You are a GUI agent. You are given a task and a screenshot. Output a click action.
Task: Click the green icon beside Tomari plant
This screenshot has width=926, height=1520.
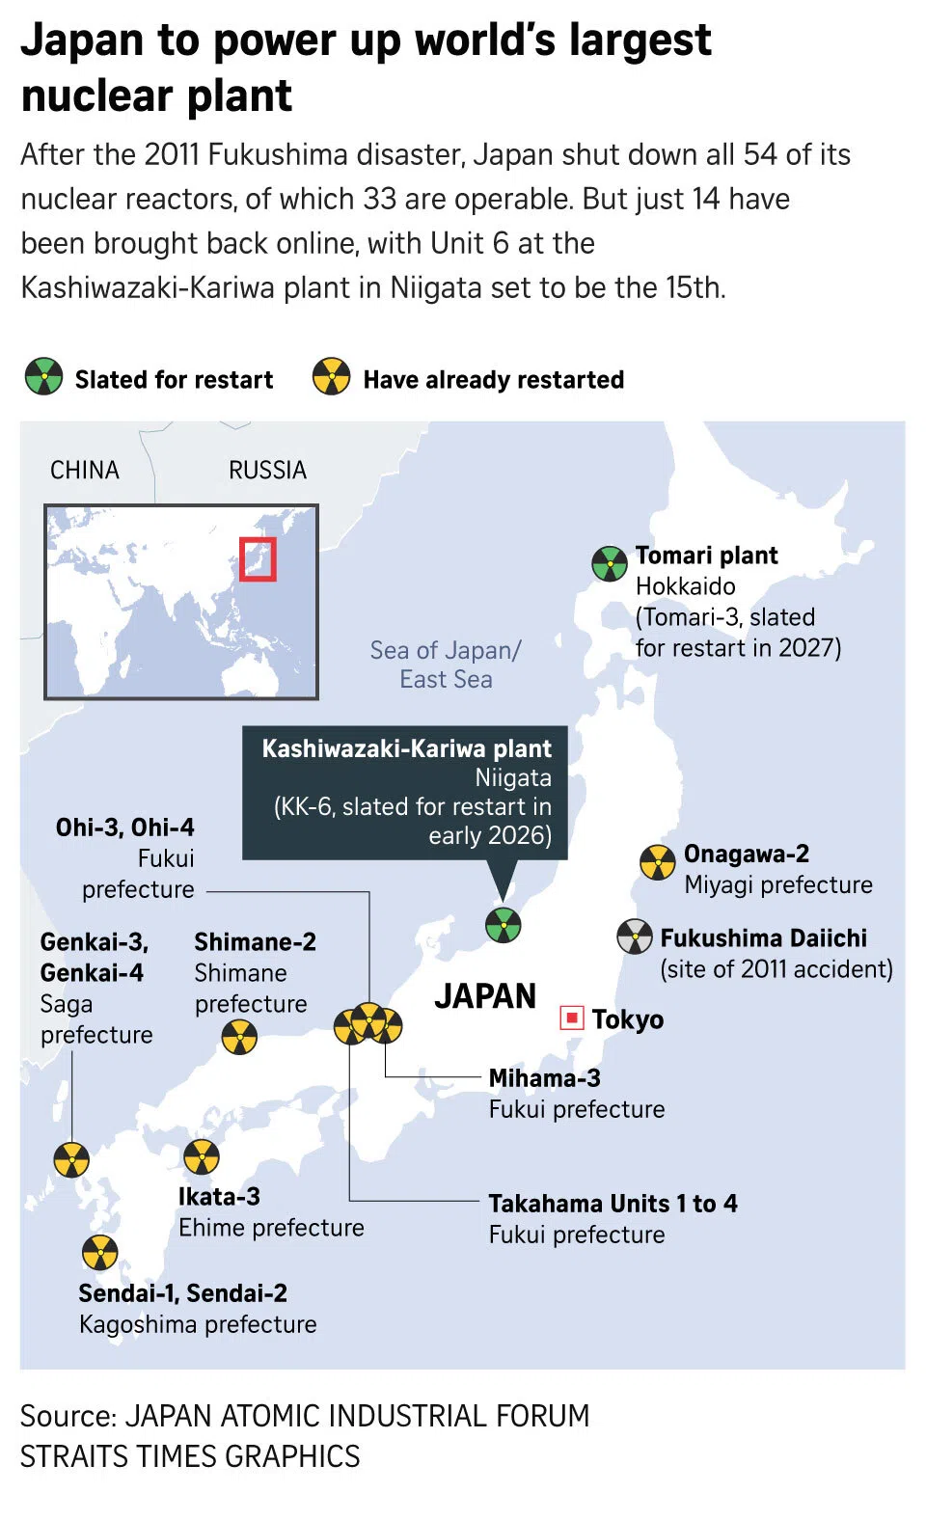610,563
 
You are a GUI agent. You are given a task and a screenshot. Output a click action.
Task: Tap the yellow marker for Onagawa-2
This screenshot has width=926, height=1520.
658,862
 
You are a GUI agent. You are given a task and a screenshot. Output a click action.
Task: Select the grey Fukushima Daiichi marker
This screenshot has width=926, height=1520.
635,936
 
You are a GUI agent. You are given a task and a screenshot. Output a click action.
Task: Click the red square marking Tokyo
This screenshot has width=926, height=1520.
572,1018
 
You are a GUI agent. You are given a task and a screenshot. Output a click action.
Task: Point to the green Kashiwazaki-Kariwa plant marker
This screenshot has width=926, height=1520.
503,925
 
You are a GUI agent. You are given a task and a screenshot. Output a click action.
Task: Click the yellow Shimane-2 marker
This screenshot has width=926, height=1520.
239,1038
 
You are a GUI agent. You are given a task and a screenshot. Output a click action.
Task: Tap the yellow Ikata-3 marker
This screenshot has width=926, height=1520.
201,1157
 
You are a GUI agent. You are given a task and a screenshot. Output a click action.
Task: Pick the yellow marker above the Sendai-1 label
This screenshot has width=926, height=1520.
99,1253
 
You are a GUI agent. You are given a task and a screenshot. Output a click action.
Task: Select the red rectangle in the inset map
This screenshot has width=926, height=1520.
258,559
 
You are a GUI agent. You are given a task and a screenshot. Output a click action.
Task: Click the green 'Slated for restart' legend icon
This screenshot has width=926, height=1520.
43,377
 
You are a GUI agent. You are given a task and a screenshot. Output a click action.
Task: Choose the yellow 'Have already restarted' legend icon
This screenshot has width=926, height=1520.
331,377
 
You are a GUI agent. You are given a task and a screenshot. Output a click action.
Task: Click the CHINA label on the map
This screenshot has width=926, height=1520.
85,471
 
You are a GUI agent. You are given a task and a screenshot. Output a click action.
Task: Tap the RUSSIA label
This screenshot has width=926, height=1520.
267,471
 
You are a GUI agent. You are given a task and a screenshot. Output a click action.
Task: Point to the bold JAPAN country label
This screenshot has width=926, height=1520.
484,996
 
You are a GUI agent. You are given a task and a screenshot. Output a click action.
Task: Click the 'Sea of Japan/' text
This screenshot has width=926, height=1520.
446,651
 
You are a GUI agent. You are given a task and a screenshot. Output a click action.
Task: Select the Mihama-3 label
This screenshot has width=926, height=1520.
544,1078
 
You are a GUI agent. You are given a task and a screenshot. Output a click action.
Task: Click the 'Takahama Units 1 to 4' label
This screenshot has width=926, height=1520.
613,1204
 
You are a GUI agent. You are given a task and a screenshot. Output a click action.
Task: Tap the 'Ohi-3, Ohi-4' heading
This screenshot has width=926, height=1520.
124,828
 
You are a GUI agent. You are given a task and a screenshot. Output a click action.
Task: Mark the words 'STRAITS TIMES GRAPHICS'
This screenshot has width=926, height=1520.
190,1456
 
